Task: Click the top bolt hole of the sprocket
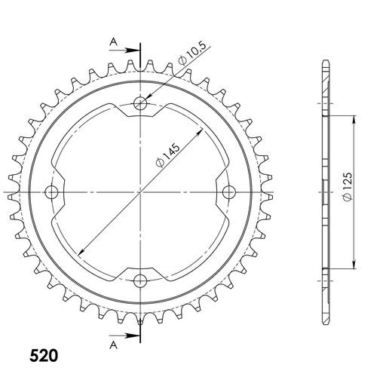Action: (x=140, y=103)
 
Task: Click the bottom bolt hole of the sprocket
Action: (x=140, y=281)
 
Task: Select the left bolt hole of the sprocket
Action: (x=51, y=192)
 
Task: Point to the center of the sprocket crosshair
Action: (x=140, y=192)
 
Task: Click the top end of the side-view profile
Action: (x=325, y=61)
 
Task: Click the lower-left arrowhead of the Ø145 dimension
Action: (x=78, y=254)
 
